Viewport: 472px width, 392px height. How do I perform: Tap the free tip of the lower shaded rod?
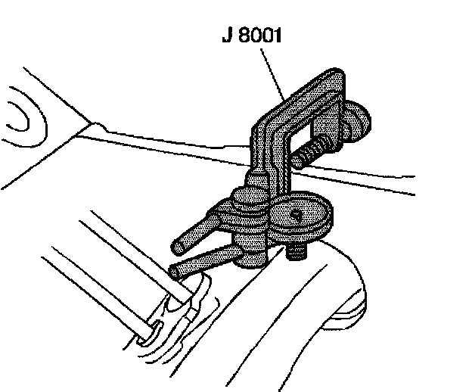pyautogui.click(x=176, y=270)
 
